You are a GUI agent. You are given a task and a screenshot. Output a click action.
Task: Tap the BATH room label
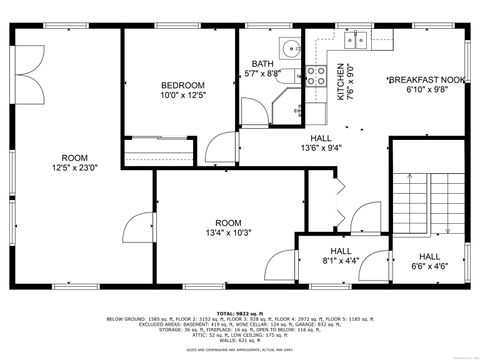(x=262, y=63)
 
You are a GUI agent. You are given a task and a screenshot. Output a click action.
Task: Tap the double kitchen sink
(x=356, y=40)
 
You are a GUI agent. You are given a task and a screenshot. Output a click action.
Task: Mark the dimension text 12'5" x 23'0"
(x=75, y=169)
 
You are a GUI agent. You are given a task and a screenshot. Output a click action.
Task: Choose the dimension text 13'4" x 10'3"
(x=228, y=232)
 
